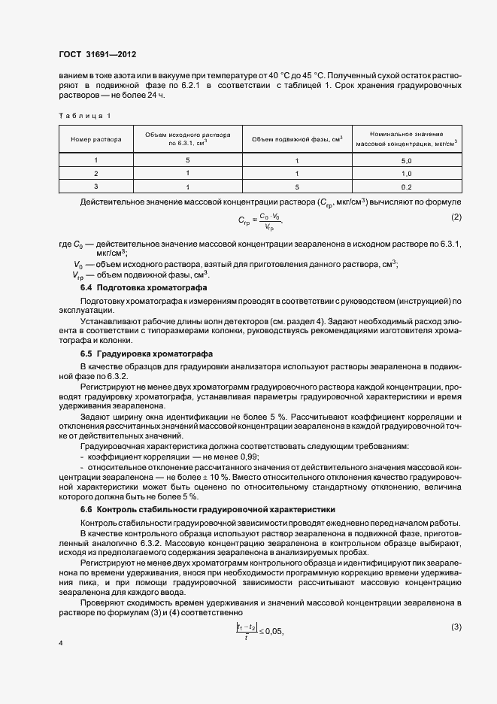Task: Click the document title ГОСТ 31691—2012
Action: pos(97,55)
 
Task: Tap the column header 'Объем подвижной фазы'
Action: pos(297,139)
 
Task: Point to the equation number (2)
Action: pos(456,217)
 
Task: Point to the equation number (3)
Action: pos(456,606)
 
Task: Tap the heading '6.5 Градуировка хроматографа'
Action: pos(141,353)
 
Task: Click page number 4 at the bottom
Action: pos(60,644)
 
